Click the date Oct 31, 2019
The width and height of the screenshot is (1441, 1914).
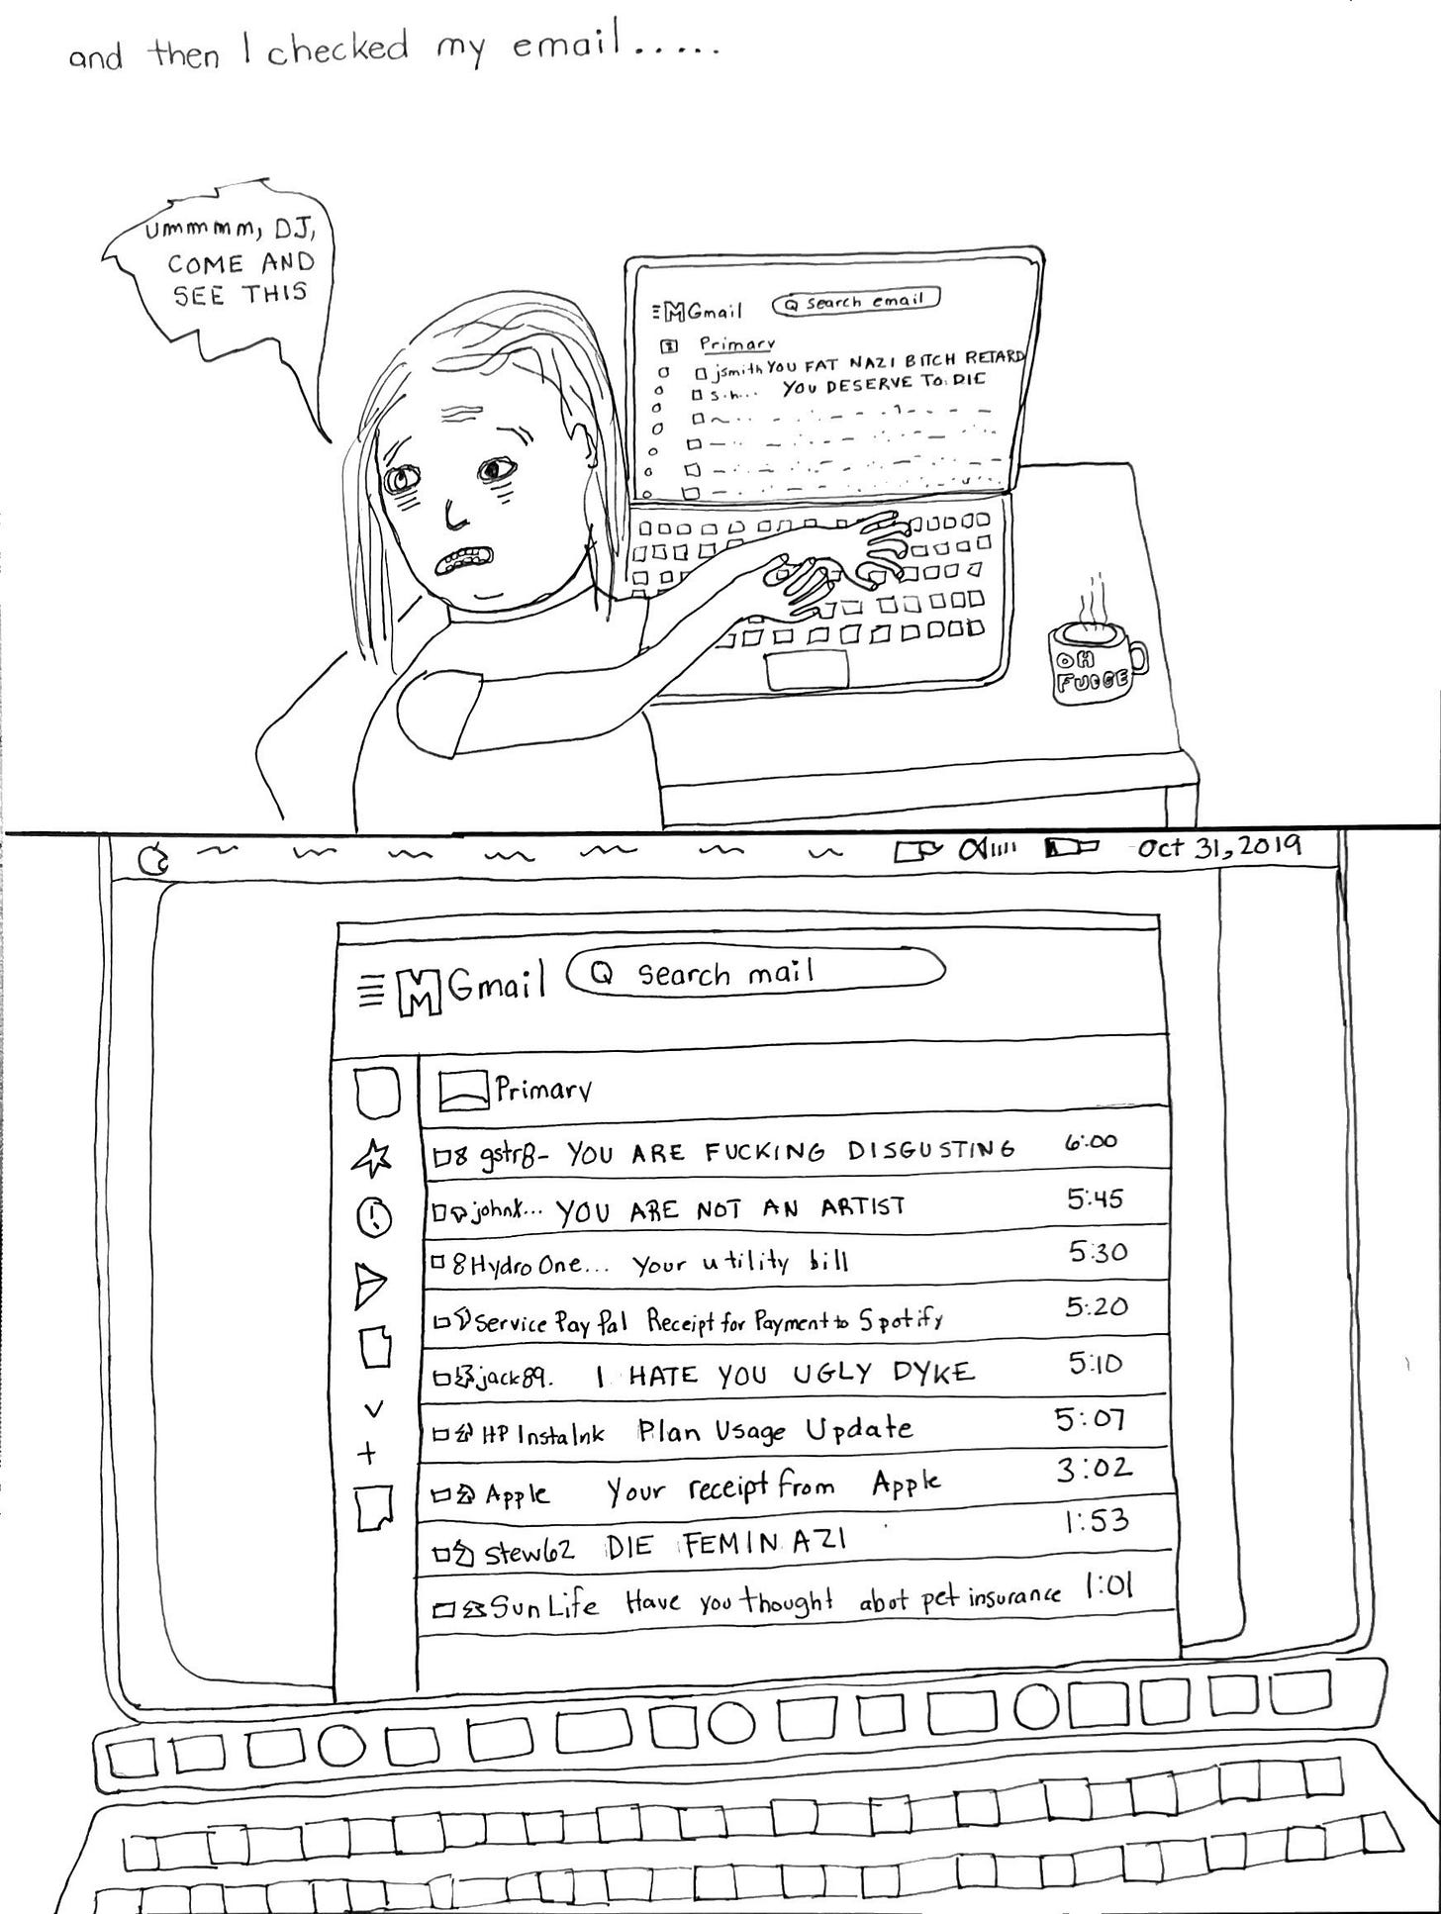(x=1218, y=848)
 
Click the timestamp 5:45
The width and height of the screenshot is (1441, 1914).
(x=1095, y=1199)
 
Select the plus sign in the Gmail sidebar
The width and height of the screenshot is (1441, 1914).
(x=367, y=1454)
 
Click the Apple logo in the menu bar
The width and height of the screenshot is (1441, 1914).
(x=152, y=862)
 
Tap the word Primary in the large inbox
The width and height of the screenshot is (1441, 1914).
(x=543, y=1090)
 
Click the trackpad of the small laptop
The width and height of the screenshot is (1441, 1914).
(x=807, y=670)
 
